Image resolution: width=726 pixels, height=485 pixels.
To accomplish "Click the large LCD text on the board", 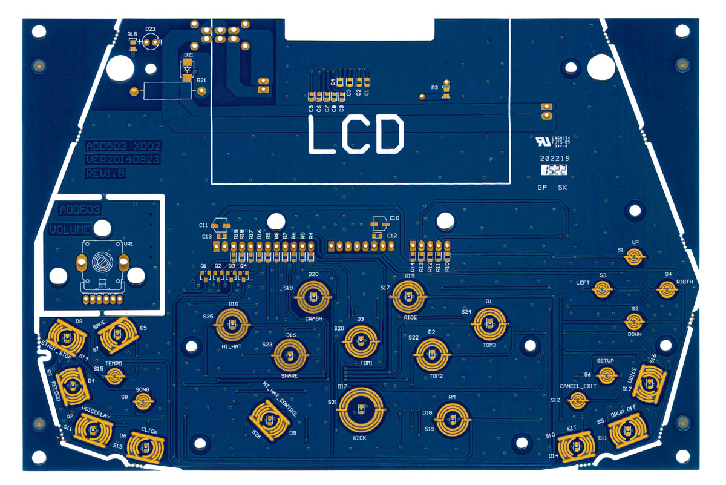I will coord(355,134).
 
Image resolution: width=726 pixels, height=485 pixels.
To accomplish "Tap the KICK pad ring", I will coord(360,409).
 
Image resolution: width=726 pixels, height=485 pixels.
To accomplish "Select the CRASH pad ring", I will coord(313,297).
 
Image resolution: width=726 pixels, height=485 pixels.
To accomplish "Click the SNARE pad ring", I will coord(291,355).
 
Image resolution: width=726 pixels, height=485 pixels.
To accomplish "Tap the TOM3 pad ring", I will coord(489,323).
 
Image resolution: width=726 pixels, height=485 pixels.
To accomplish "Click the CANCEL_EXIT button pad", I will coord(579,400).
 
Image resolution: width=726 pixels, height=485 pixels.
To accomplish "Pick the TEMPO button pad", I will coord(113,377).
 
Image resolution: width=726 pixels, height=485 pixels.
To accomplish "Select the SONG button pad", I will coord(143,401).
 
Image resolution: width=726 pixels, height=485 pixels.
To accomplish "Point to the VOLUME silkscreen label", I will coord(70,230).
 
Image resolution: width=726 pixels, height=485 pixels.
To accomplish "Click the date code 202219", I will coord(555,159).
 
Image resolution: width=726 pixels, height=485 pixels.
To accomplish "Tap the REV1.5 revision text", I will coord(105,173).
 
